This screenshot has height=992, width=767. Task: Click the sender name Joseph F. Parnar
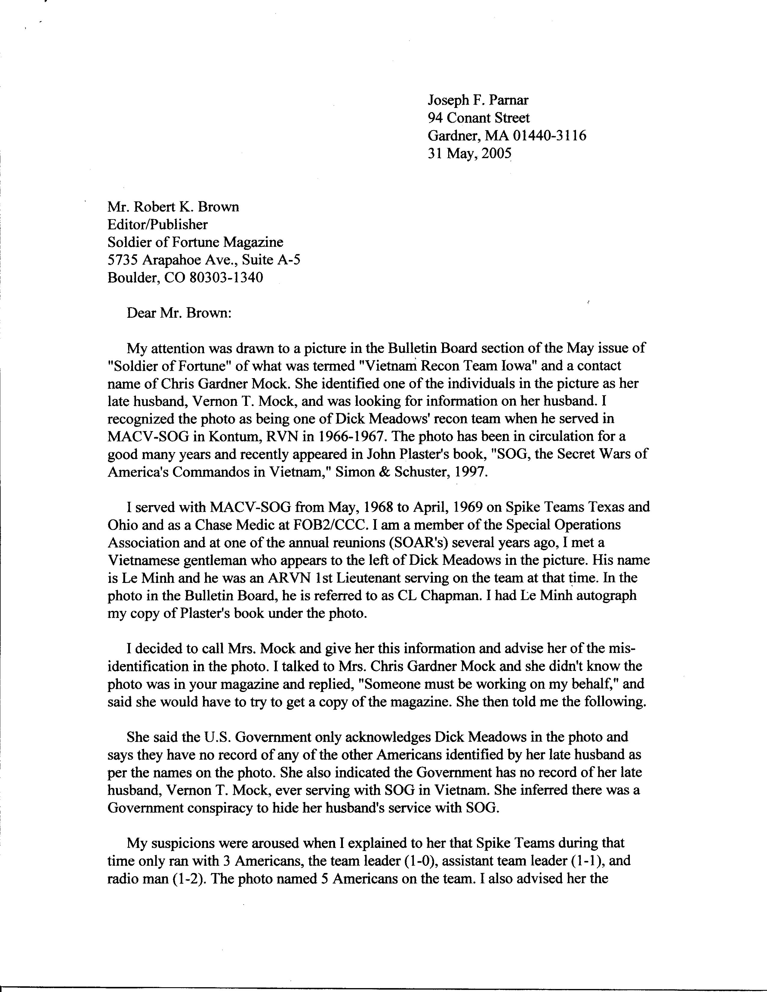pyautogui.click(x=478, y=100)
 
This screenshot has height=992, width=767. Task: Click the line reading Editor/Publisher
pyautogui.click(x=157, y=224)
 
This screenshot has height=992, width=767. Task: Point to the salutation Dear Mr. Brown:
pyautogui.click(x=179, y=313)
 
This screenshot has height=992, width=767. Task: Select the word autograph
pyautogui.click(x=606, y=596)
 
